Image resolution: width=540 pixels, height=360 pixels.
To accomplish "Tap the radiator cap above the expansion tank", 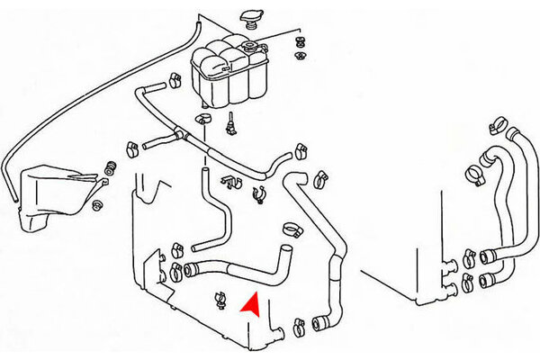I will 249,18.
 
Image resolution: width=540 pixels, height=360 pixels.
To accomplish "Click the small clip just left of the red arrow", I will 220,296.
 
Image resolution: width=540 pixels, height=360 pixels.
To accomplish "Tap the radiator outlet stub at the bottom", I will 279,332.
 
